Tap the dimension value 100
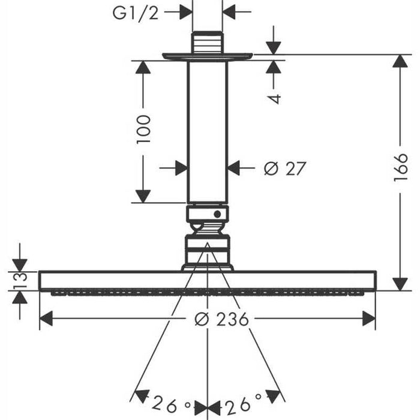pyautogui.click(x=143, y=129)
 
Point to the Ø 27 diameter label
pyautogui.click(x=285, y=169)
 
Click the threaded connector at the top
pyautogui.click(x=207, y=43)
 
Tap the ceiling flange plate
pyautogui.click(x=207, y=56)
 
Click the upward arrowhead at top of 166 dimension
pyautogui.click(x=400, y=64)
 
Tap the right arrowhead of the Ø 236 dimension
pyautogui.click(x=368, y=319)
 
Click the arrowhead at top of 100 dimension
pyautogui.click(x=143, y=68)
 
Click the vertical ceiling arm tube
pyautogui.click(x=207, y=132)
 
